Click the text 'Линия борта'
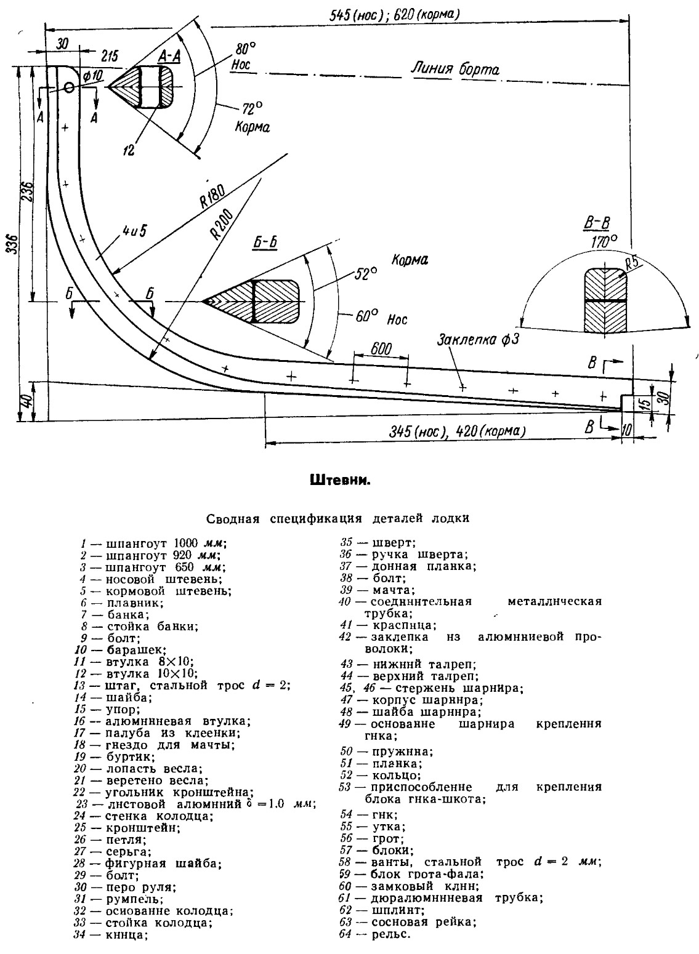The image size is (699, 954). click(x=455, y=69)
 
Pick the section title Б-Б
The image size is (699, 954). click(x=265, y=243)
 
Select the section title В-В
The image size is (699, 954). click(x=597, y=223)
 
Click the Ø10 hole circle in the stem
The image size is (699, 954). click(x=69, y=87)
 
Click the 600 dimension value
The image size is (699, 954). click(x=381, y=349)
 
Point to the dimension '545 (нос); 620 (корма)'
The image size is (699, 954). click(x=394, y=15)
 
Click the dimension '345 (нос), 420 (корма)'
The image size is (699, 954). click(x=457, y=431)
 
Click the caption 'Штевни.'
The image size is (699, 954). click(x=340, y=481)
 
